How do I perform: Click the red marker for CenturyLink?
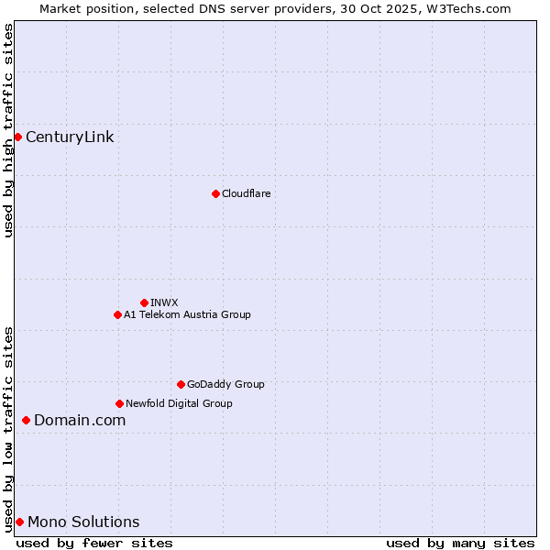[x=17, y=137]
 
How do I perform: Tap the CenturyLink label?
[x=70, y=137]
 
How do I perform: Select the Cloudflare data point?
[x=215, y=193]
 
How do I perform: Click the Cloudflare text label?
[x=246, y=193]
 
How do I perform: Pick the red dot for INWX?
[x=144, y=302]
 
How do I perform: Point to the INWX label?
[x=164, y=302]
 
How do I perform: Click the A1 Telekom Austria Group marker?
[x=117, y=314]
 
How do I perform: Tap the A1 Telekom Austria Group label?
[x=187, y=314]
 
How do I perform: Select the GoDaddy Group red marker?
[x=181, y=384]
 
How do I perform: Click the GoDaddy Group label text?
[x=225, y=384]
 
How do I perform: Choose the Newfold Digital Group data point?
[x=119, y=403]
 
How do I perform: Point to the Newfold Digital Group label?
[x=179, y=403]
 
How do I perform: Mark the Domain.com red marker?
[x=26, y=420]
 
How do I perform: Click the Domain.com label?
[x=80, y=420]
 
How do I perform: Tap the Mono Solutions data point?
[x=19, y=522]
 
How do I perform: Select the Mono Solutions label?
[x=83, y=522]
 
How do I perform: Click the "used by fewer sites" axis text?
[x=94, y=543]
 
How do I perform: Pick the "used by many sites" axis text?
[x=460, y=543]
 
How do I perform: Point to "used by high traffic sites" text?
[x=8, y=130]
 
